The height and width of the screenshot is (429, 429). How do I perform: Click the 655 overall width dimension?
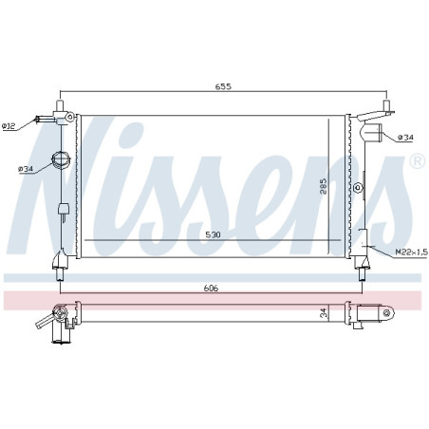(x=223, y=86)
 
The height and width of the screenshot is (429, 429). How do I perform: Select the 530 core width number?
(x=213, y=234)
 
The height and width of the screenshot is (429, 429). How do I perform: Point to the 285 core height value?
(x=323, y=186)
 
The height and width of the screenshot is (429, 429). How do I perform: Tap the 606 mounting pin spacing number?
(x=211, y=288)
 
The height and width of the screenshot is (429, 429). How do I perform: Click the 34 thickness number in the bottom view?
(x=323, y=313)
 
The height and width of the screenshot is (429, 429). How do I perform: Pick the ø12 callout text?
(x=9, y=126)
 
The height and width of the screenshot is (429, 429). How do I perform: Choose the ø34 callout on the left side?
(x=26, y=169)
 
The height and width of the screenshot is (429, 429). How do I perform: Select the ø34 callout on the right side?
(x=405, y=138)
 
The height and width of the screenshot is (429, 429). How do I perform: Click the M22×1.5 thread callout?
(x=412, y=252)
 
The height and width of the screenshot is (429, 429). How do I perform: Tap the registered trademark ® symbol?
(x=418, y=161)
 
